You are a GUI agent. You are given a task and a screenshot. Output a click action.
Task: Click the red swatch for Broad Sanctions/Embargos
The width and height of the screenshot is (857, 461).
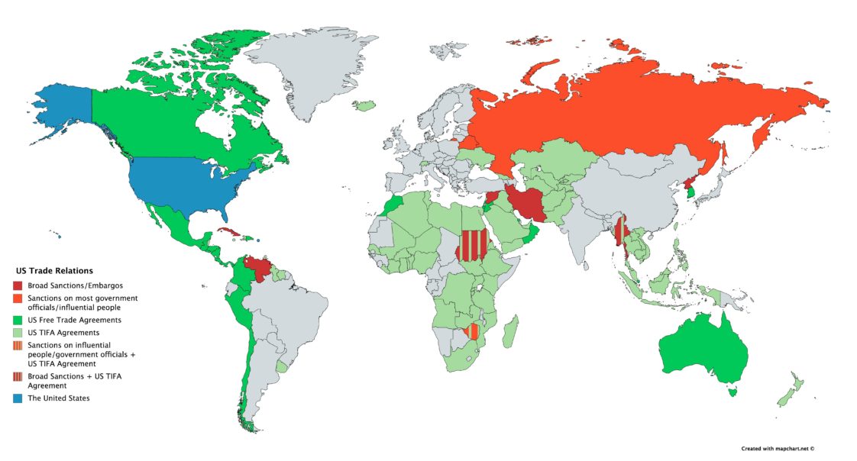pos(18,285)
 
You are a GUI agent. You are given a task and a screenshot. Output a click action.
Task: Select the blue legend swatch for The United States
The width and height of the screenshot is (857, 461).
pos(18,398)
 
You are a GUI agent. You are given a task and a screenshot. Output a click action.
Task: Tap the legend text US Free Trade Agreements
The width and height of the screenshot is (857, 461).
pos(74,320)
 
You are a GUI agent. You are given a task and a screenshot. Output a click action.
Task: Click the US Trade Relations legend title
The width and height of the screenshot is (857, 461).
pos(54,271)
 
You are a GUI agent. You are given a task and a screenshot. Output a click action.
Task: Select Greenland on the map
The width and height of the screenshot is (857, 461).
pos(313,69)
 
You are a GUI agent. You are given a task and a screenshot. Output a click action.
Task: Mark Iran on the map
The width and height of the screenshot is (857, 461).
pos(525,204)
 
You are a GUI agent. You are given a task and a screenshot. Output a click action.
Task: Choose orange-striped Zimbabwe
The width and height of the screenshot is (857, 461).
pos(474,332)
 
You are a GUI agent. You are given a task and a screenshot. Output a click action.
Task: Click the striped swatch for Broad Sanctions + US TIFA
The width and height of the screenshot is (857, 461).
pos(18,377)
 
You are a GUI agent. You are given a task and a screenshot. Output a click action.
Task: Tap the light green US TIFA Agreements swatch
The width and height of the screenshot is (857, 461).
pos(18,333)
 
